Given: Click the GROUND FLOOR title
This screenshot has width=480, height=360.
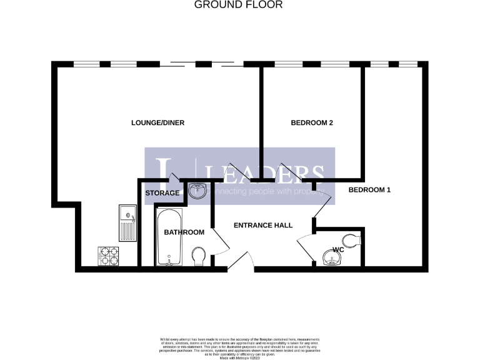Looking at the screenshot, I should click(x=239, y=5).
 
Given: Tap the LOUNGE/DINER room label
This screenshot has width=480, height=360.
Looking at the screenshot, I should click(x=157, y=122).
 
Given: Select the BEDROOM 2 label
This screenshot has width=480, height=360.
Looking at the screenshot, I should click(x=312, y=123).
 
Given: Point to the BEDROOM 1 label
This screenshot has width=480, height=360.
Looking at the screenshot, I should click(x=369, y=189).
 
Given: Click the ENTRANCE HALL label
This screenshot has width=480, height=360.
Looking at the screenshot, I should click(x=262, y=225).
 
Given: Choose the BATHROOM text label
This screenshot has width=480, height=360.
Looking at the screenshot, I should click(x=184, y=232).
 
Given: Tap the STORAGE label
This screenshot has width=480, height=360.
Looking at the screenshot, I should click(x=162, y=193).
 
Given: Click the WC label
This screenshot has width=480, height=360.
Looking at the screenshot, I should click(x=339, y=250).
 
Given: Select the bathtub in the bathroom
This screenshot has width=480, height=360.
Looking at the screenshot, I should click(x=168, y=237).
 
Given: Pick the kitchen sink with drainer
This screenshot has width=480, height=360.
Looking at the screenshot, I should click(x=128, y=223).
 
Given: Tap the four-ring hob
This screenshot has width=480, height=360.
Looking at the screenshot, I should click(x=108, y=256).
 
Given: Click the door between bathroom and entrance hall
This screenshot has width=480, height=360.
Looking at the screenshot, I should click(x=217, y=240).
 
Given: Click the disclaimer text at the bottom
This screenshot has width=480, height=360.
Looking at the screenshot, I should click(x=239, y=344).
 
